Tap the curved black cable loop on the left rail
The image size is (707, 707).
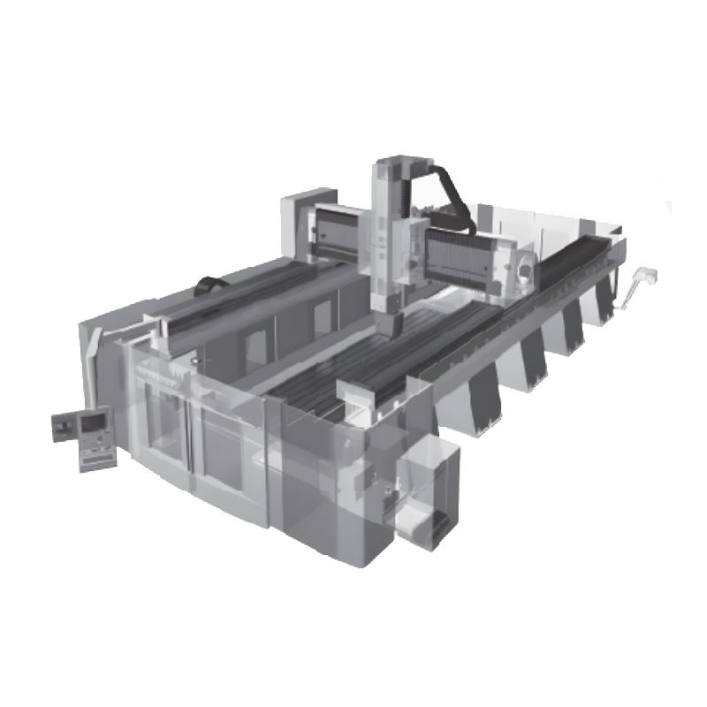(x=211, y=285)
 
